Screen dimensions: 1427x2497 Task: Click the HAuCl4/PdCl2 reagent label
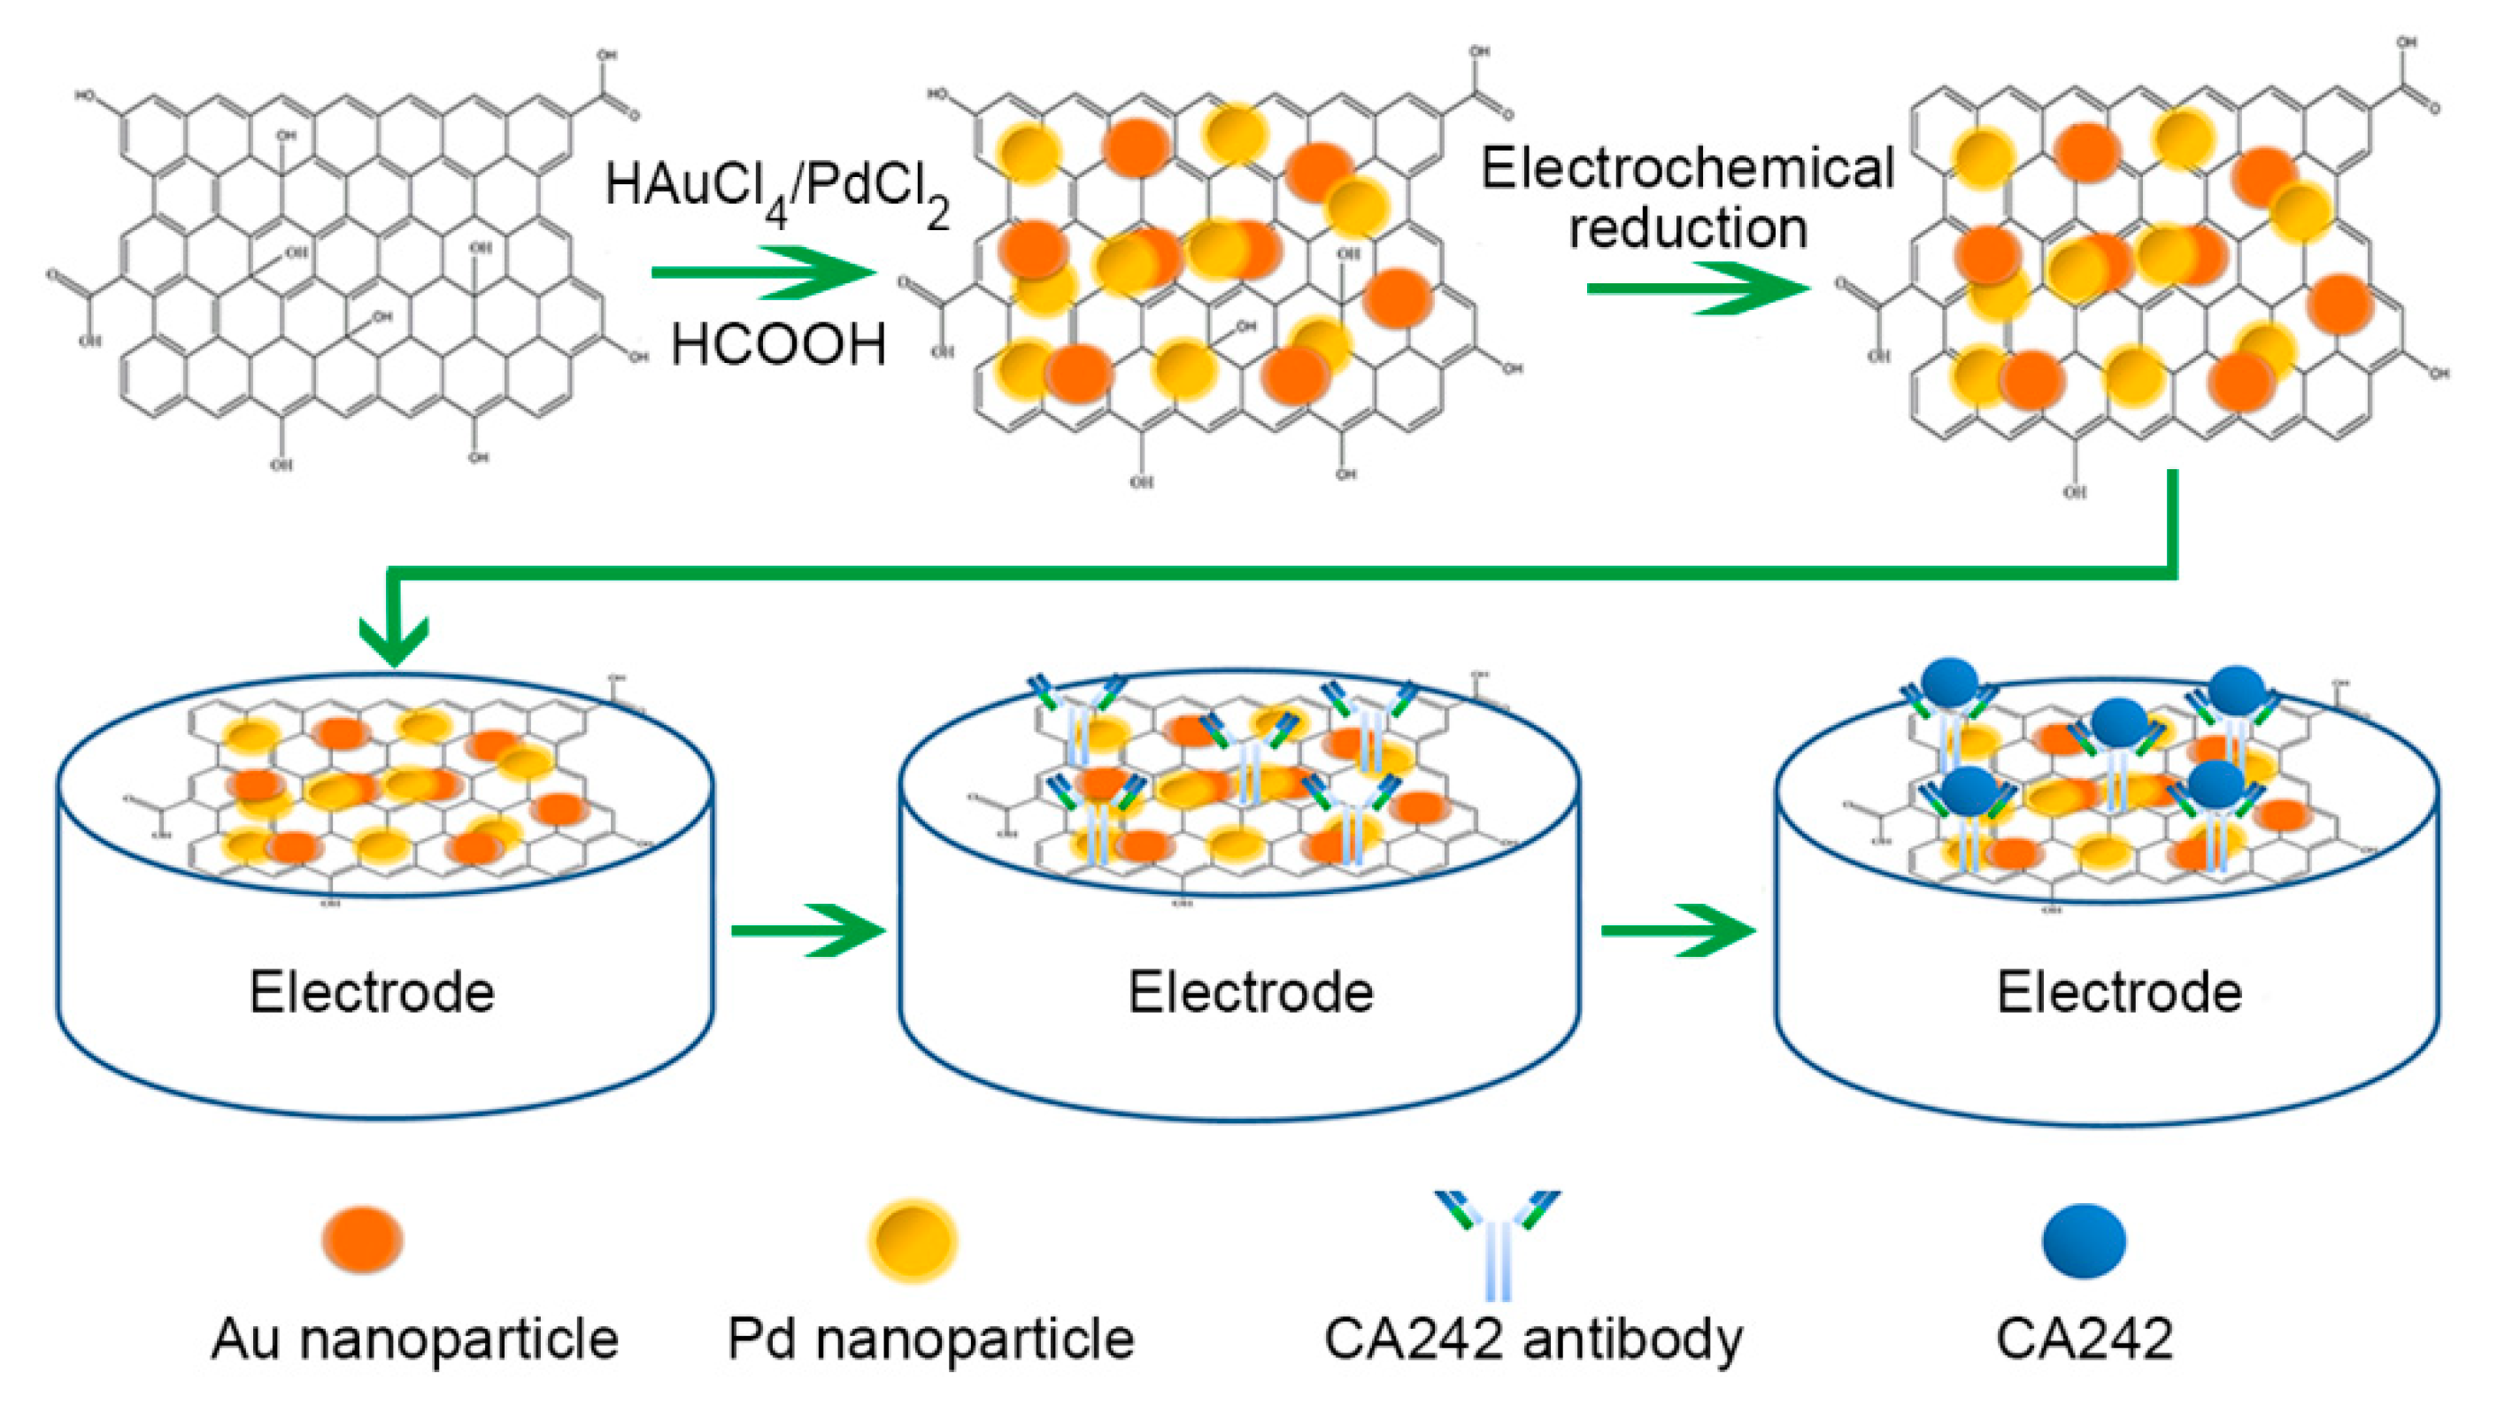[x=776, y=191]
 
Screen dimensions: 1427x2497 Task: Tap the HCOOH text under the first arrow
[x=778, y=345]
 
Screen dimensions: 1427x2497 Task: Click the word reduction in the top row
[x=1687, y=228]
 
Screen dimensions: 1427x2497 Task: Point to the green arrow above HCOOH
[x=765, y=272]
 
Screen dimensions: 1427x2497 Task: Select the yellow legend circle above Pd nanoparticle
[x=913, y=1240]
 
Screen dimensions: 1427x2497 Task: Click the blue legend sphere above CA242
[x=2084, y=1241]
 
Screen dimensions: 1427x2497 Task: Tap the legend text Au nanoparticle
[x=414, y=1338]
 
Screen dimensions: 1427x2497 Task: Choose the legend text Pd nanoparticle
[x=930, y=1338]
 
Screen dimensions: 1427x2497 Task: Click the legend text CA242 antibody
[x=1534, y=1338]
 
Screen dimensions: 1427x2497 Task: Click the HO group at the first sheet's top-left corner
[x=86, y=96]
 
